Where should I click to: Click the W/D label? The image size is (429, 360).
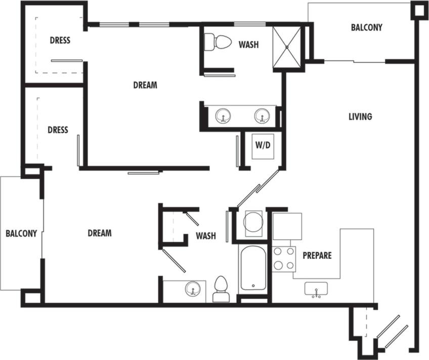pyautogui.click(x=263, y=145)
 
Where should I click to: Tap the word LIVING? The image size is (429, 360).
pyautogui.click(x=360, y=117)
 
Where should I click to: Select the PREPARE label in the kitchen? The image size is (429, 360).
pyautogui.click(x=317, y=255)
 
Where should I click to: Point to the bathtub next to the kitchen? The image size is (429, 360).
pyautogui.click(x=252, y=268)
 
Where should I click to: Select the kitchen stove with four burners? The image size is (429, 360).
pyautogui.click(x=284, y=259)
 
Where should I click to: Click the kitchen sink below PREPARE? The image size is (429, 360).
pyautogui.click(x=316, y=290)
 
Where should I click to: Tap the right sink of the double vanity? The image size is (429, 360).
pyautogui.click(x=262, y=116)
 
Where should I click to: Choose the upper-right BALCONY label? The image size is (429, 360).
pyautogui.click(x=367, y=27)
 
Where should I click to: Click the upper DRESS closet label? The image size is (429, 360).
pyautogui.click(x=60, y=40)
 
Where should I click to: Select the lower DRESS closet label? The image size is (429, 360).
pyautogui.click(x=58, y=130)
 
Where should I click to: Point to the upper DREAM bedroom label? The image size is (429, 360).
pyautogui.click(x=145, y=85)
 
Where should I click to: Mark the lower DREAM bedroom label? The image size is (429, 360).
pyautogui.click(x=100, y=233)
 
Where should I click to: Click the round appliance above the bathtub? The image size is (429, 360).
pyautogui.click(x=252, y=222)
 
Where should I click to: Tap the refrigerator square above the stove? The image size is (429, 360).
pyautogui.click(x=287, y=226)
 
